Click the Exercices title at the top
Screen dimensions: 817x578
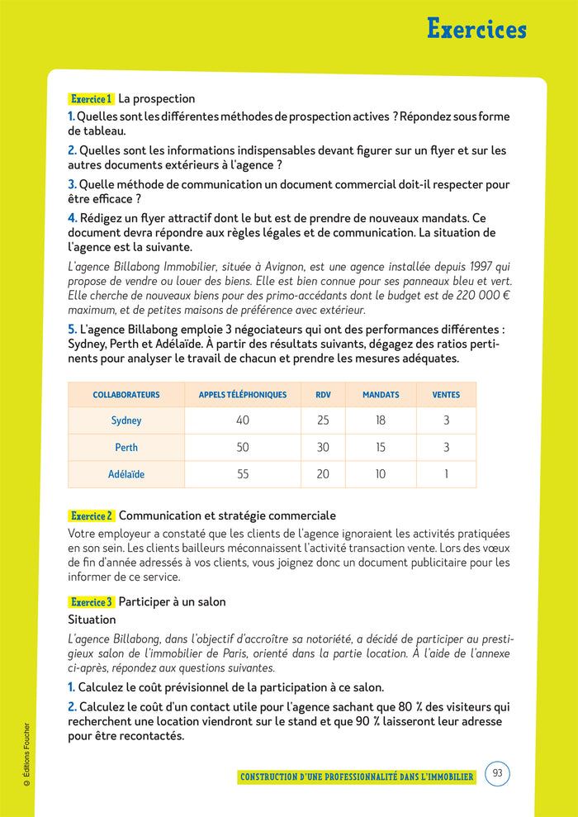click(476, 29)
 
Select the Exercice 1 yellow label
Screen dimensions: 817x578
click(91, 99)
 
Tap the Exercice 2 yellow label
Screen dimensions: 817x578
click(91, 515)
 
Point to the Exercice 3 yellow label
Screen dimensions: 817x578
click(91, 602)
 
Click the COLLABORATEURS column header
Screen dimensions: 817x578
click(126, 395)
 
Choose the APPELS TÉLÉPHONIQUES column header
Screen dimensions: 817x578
click(243, 395)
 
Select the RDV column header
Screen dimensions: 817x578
click(323, 395)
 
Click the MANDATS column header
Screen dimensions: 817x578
click(381, 395)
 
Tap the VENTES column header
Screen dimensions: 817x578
click(446, 395)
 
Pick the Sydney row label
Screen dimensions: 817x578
click(126, 420)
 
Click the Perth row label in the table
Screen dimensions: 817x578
click(126, 448)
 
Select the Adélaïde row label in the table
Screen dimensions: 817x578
click(126, 475)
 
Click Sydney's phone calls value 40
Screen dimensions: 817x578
click(243, 420)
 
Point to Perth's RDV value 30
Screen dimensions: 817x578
click(323, 448)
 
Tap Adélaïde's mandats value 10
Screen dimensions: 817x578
click(381, 475)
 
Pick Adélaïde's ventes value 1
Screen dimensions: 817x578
click(446, 475)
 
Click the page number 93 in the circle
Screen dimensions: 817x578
click(497, 774)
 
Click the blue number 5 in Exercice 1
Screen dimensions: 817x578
click(72, 329)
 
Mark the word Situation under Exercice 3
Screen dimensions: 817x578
click(92, 620)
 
